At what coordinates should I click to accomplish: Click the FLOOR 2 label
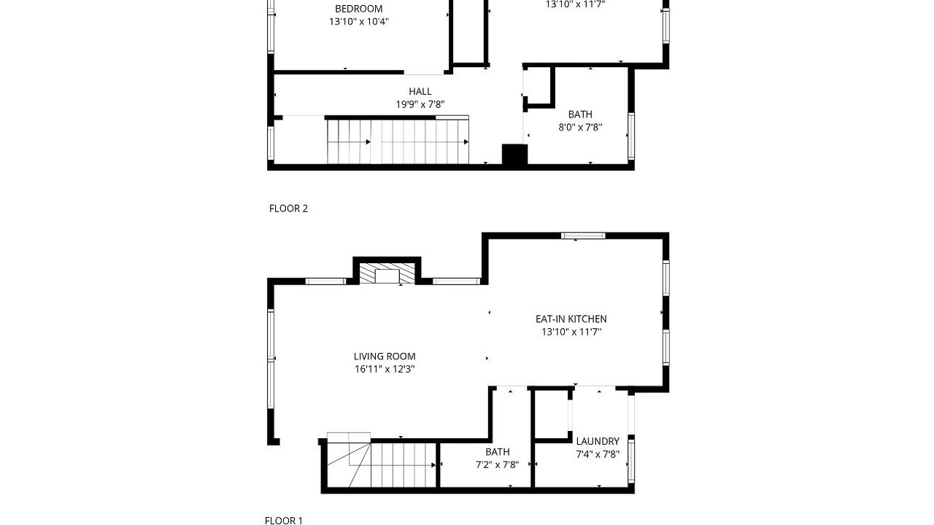(x=288, y=209)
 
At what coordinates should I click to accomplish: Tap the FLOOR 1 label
(x=284, y=520)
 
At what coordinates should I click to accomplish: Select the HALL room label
(x=420, y=91)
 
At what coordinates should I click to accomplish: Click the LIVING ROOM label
(x=385, y=357)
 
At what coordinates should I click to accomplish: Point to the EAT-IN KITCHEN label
(x=571, y=319)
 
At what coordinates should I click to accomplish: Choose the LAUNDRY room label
(x=598, y=441)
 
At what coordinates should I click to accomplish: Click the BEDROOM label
(x=358, y=9)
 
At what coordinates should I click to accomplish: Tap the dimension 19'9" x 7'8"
(x=420, y=104)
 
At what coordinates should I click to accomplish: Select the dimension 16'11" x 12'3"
(x=385, y=369)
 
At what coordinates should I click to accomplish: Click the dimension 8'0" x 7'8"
(x=580, y=127)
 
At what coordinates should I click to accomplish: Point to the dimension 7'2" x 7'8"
(x=497, y=464)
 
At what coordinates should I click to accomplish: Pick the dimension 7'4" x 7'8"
(x=598, y=454)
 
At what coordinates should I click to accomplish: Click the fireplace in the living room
(x=387, y=273)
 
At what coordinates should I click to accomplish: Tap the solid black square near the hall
(x=514, y=155)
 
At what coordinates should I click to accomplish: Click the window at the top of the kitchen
(x=583, y=236)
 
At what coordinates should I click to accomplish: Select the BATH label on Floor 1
(x=497, y=451)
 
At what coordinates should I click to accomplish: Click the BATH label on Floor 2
(x=580, y=114)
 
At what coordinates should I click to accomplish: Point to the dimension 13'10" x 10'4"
(x=358, y=22)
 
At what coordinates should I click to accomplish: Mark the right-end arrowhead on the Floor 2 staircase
(x=466, y=142)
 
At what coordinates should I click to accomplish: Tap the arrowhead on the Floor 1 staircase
(x=433, y=465)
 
